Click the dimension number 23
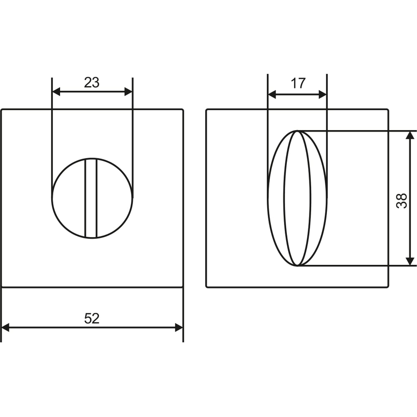pos(92,83)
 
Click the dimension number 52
pos(92,318)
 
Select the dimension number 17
pos(298,83)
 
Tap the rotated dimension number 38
pos(402,201)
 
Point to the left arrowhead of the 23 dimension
pos(56,92)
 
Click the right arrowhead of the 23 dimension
pos(128,92)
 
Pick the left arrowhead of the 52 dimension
pos(5,328)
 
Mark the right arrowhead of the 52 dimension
pos(179,328)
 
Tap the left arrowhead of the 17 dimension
pos(272,94)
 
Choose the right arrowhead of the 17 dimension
pos(323,94)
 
